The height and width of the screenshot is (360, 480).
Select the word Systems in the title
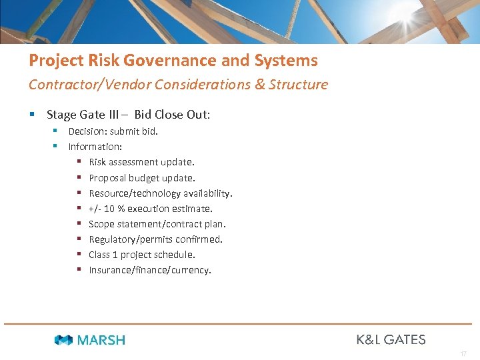[x=285, y=61]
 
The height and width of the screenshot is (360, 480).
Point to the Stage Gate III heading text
[x=128, y=115]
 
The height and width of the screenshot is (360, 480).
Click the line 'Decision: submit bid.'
[x=113, y=131]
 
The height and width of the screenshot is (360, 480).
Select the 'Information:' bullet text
[x=95, y=147]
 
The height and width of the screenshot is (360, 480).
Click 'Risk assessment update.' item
[x=142, y=162]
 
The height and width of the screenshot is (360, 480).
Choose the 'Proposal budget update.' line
[x=142, y=178]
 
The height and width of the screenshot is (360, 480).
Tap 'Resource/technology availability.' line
[x=161, y=193]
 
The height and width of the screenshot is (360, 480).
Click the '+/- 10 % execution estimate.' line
[x=151, y=209]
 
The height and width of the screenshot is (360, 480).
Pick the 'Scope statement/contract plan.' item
[x=157, y=224]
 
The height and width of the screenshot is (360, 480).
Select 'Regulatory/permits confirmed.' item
[x=156, y=239]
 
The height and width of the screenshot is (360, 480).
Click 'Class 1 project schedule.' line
[x=142, y=255]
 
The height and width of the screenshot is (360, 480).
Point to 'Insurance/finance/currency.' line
[x=150, y=270]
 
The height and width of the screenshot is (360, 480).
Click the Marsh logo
[x=90, y=340]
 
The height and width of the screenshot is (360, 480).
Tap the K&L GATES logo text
[x=391, y=339]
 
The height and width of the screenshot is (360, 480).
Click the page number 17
[x=463, y=353]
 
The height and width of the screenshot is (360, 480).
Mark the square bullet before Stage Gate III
[x=33, y=115]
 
